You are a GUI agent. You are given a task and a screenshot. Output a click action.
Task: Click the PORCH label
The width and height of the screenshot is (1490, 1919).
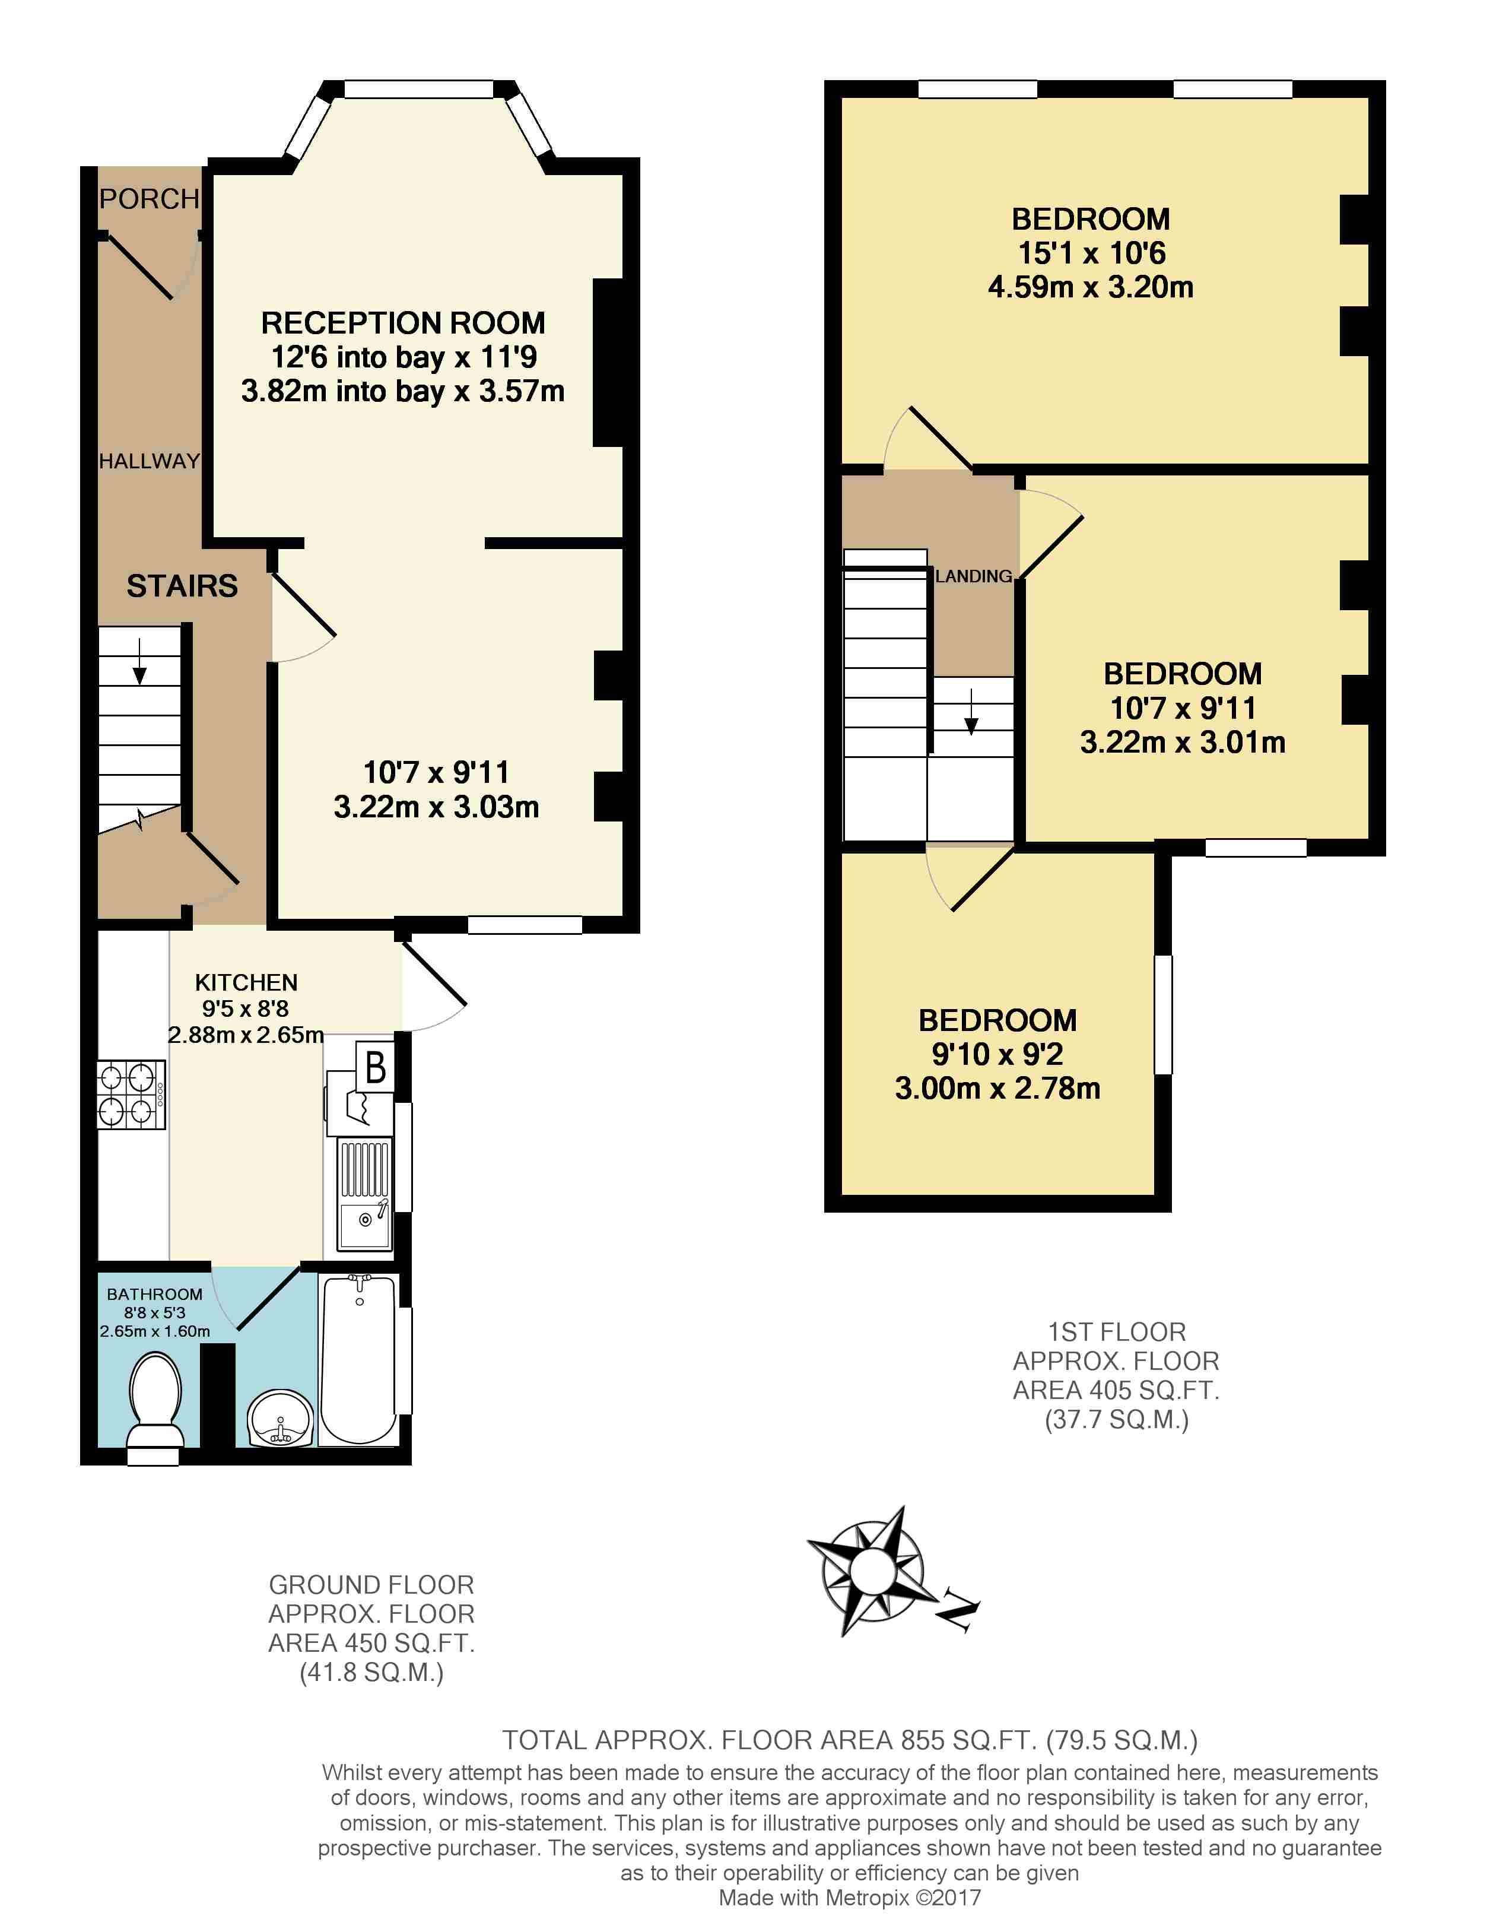pos(150,199)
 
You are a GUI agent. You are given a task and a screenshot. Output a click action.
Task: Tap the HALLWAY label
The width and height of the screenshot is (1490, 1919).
pos(150,461)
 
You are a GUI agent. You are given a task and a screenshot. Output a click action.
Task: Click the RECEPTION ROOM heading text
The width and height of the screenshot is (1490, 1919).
pos(404,323)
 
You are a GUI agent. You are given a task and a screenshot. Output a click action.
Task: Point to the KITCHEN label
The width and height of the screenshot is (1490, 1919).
pos(246,982)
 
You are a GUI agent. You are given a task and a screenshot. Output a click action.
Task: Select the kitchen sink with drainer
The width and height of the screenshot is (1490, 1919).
pos(364,1193)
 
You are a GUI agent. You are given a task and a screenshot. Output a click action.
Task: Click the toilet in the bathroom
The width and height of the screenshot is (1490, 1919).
pos(155,1401)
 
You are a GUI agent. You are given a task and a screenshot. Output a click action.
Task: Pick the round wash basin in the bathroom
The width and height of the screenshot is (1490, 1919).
pos(280,1419)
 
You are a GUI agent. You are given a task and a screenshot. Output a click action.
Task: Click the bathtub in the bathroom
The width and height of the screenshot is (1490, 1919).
pos(360,1359)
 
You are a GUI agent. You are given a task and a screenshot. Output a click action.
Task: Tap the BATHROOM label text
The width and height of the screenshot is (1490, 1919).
pos(155,1294)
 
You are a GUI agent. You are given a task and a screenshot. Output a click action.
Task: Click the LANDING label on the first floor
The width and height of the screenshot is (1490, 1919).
pos(973,576)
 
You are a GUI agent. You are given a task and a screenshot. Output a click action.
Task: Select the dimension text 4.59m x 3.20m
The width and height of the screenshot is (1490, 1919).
pos(1090,287)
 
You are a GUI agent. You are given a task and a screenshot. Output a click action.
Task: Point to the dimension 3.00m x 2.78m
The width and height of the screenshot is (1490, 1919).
pos(997,1089)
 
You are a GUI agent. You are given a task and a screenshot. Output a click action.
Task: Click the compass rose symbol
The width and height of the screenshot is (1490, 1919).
pos(872,1569)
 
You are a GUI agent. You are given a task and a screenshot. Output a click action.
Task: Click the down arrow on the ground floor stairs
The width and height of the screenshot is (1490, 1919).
pos(139,661)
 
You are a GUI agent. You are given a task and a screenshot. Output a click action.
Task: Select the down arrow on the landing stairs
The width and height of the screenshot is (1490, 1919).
pos(971,712)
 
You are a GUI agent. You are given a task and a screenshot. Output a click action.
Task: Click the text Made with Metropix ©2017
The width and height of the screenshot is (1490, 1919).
pos(850,1898)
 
